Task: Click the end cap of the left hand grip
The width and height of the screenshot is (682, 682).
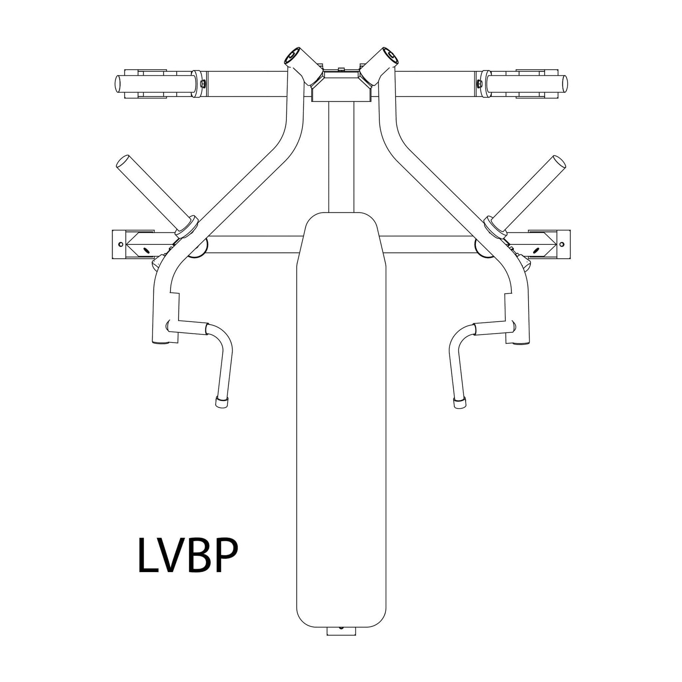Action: (x=221, y=402)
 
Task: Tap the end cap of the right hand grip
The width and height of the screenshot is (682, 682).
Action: (x=460, y=402)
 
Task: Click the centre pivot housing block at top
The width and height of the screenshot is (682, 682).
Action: (x=341, y=87)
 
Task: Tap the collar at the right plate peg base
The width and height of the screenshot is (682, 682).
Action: (x=496, y=227)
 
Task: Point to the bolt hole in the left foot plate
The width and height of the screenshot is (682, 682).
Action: (x=120, y=244)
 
